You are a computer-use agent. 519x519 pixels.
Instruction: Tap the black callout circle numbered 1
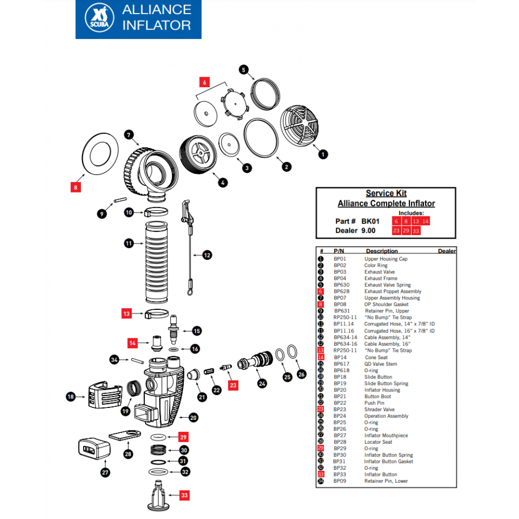pyautogui.click(x=322, y=154)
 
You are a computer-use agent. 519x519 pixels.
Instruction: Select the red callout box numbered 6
pyautogui.click(x=204, y=82)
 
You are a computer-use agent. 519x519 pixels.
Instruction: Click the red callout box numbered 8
pyautogui.click(x=76, y=187)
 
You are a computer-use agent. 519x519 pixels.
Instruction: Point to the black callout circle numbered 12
pyautogui.click(x=207, y=255)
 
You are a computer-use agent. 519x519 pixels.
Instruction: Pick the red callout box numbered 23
pyautogui.click(x=234, y=385)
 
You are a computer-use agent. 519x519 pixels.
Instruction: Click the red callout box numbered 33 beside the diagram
pyautogui.click(x=185, y=495)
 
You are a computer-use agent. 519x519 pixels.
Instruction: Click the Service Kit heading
pyautogui.click(x=386, y=193)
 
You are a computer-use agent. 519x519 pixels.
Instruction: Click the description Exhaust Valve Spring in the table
pyautogui.click(x=387, y=285)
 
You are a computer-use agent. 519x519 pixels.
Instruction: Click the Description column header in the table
pyautogui.click(x=381, y=251)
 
